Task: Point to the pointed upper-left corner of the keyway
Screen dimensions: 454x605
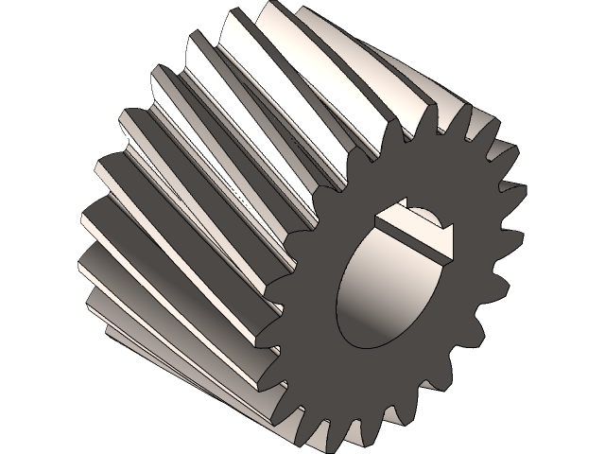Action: click(x=375, y=215)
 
